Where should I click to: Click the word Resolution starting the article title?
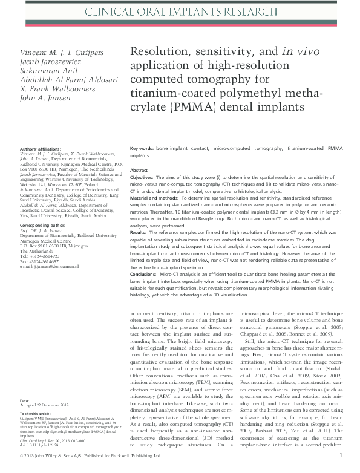(160, 53)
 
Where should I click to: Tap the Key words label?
(142, 148)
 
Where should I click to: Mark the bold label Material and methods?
(158, 198)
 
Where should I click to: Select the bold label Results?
(139, 232)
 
